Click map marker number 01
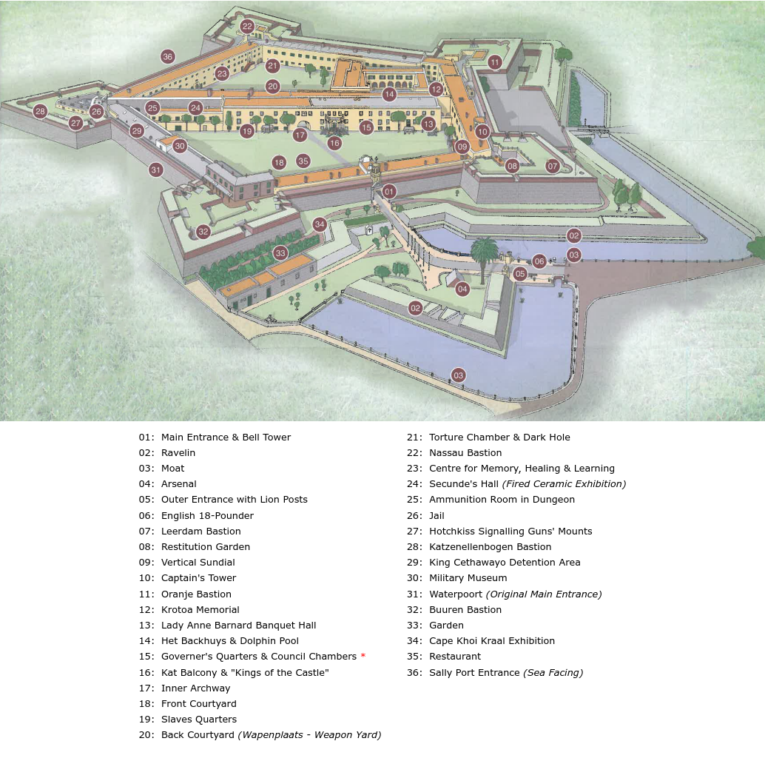(389, 191)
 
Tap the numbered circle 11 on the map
(495, 62)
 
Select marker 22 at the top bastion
(247, 27)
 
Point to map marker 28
(40, 112)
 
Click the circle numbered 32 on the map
(203, 231)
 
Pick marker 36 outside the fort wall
(167, 56)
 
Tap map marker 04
(462, 289)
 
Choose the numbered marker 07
(552, 166)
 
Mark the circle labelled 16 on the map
(334, 143)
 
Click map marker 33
(280, 253)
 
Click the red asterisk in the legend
(363, 657)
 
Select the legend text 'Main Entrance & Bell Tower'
(226, 438)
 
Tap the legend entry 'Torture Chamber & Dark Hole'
(499, 438)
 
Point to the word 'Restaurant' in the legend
(454, 657)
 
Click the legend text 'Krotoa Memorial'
(200, 610)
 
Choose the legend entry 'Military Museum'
(468, 578)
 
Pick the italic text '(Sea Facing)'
(553, 673)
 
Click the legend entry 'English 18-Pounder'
(207, 516)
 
